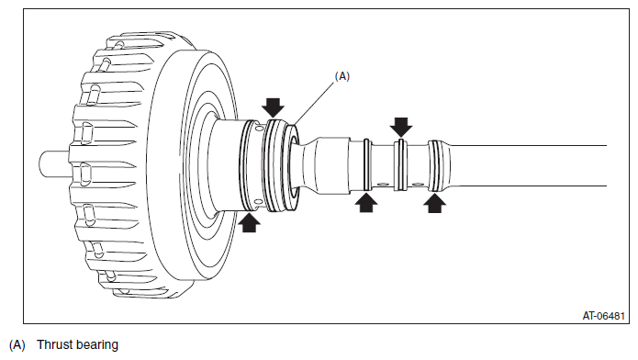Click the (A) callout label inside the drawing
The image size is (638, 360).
click(x=341, y=76)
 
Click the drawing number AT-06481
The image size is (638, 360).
click(x=603, y=316)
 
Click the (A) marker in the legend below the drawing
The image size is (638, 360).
click(x=17, y=345)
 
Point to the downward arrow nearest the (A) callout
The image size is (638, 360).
click(x=273, y=107)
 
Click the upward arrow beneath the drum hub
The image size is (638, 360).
click(x=249, y=222)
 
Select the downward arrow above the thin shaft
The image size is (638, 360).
click(x=401, y=127)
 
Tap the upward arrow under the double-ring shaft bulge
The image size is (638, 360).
click(x=434, y=203)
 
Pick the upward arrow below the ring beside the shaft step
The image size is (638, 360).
click(x=366, y=202)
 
